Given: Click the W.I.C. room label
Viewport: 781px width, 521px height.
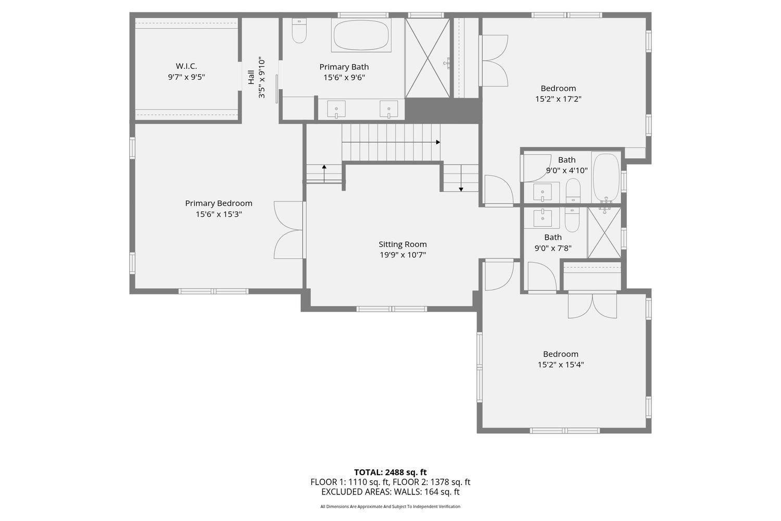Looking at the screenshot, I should point(186,66).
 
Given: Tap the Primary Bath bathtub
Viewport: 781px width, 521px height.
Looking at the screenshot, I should point(361,35).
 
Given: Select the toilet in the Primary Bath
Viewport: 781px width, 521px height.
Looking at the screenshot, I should point(299,32).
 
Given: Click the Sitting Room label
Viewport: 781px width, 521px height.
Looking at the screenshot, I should point(402,244).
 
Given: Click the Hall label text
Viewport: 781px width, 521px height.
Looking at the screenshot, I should point(251,77).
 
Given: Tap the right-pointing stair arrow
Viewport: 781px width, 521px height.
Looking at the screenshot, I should point(437,142).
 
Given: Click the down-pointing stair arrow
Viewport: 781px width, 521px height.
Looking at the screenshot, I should point(461,189).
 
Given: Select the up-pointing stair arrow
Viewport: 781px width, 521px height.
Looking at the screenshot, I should point(324,167).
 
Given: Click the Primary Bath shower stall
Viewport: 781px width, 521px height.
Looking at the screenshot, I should point(427,58).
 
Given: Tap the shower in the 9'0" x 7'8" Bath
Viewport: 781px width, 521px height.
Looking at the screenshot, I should point(604,232).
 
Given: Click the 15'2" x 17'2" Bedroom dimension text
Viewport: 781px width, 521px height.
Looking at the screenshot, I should point(558,99).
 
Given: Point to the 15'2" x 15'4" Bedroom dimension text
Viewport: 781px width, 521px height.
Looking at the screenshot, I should point(561,365).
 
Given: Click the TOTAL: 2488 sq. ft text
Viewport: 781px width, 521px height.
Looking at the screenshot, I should point(391,473).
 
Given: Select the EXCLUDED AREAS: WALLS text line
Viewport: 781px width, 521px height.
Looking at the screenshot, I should point(391,492).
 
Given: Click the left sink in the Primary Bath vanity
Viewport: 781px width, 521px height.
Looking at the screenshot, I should point(336,110).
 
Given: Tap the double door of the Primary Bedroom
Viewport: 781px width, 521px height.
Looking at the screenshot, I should point(289,229).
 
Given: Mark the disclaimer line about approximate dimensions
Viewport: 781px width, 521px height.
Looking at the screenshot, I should point(391,506).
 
